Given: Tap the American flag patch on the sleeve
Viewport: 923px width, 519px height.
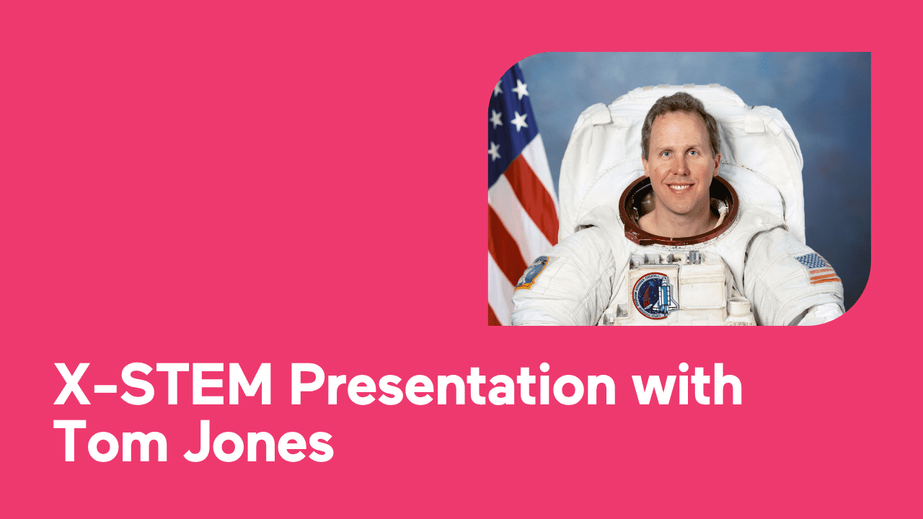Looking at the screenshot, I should click(818, 267).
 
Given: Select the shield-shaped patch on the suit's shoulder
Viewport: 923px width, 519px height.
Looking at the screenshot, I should click(532, 272).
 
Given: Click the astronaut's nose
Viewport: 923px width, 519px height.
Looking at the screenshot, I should click(680, 167).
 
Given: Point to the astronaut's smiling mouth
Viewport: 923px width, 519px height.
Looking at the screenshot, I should click(680, 187).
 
